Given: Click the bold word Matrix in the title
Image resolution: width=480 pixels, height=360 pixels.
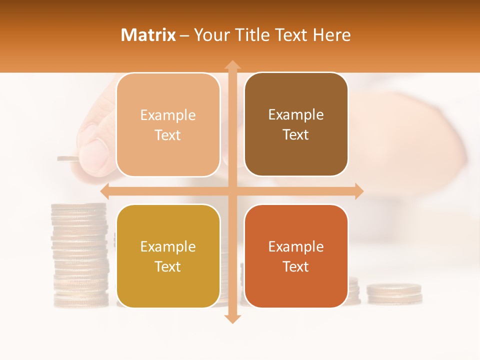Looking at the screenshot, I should tap(148, 35).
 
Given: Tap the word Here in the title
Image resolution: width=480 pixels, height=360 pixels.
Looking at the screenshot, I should tap(331, 35).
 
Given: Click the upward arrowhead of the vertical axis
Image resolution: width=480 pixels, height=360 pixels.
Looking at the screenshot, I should tap(232, 65).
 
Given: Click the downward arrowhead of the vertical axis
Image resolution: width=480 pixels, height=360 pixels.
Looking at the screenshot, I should tap(232, 318).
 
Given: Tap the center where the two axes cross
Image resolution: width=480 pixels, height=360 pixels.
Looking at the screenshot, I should tap(232, 191).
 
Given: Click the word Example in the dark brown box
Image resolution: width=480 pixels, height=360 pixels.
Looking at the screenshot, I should tap(296, 115).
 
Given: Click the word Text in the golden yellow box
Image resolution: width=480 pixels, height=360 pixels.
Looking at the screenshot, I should tap(168, 266).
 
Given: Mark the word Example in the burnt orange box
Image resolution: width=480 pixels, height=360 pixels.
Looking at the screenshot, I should tap(296, 246).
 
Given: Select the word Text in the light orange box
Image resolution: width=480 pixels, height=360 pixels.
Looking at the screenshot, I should tap(168, 135).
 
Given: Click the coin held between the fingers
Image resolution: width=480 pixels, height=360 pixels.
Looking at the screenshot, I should tap(67, 159).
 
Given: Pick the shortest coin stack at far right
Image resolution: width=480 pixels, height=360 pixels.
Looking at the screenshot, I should tap(394, 293).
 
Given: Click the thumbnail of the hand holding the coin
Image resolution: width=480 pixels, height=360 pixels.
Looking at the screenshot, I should tap(95, 150).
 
